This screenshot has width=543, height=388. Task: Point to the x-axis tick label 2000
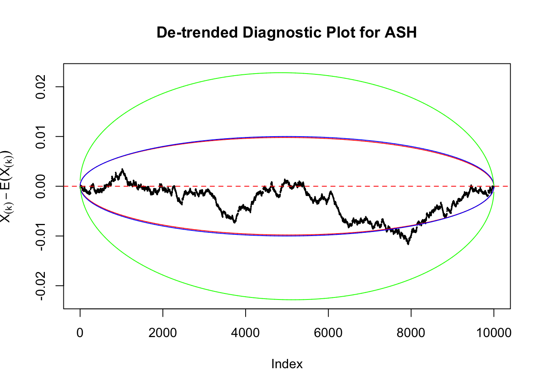point(162,333)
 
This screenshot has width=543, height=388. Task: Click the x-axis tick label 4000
point(245,333)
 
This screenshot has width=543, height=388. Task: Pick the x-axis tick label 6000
point(328,333)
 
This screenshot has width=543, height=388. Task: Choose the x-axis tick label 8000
point(411,333)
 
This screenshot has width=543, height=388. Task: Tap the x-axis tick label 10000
point(493,333)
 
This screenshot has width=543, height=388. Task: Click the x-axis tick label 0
point(80,333)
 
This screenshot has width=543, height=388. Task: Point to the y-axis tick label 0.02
point(40,87)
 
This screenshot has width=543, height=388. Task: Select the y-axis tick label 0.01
point(40,137)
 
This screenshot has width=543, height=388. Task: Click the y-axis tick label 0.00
point(40,186)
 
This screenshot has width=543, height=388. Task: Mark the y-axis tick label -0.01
point(40,236)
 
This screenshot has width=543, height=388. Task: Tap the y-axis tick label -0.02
point(40,286)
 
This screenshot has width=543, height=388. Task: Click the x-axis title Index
point(287,364)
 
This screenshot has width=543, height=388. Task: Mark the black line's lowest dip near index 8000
point(408,244)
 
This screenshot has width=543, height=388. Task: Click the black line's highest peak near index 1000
point(122,169)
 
